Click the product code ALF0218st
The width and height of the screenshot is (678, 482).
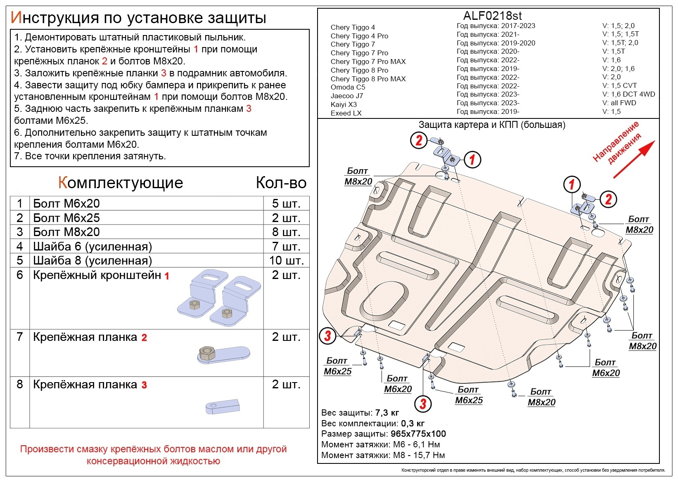click(x=493, y=15)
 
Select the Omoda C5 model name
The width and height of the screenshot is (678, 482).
click(x=348, y=87)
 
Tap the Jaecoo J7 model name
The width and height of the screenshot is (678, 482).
click(x=346, y=96)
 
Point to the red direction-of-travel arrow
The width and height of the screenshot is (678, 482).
click(x=634, y=159)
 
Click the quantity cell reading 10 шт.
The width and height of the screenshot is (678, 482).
click(x=286, y=260)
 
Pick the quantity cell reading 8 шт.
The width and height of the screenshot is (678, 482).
click(x=286, y=232)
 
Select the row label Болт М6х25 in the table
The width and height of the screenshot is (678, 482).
click(x=66, y=218)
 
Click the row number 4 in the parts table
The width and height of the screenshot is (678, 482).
click(x=20, y=246)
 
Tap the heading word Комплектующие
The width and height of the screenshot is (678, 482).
click(x=121, y=182)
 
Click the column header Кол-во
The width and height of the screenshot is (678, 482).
click(x=281, y=182)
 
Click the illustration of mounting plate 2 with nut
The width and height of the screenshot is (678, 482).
click(x=224, y=355)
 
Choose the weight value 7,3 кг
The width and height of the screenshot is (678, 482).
click(x=387, y=413)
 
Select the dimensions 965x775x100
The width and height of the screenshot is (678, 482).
click(x=418, y=434)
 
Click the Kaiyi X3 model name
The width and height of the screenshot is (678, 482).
click(x=344, y=104)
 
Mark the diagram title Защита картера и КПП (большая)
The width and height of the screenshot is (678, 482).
click(x=492, y=125)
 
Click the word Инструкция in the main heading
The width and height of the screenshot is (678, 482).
click(x=55, y=18)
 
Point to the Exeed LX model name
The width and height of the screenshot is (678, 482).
click(x=346, y=113)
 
